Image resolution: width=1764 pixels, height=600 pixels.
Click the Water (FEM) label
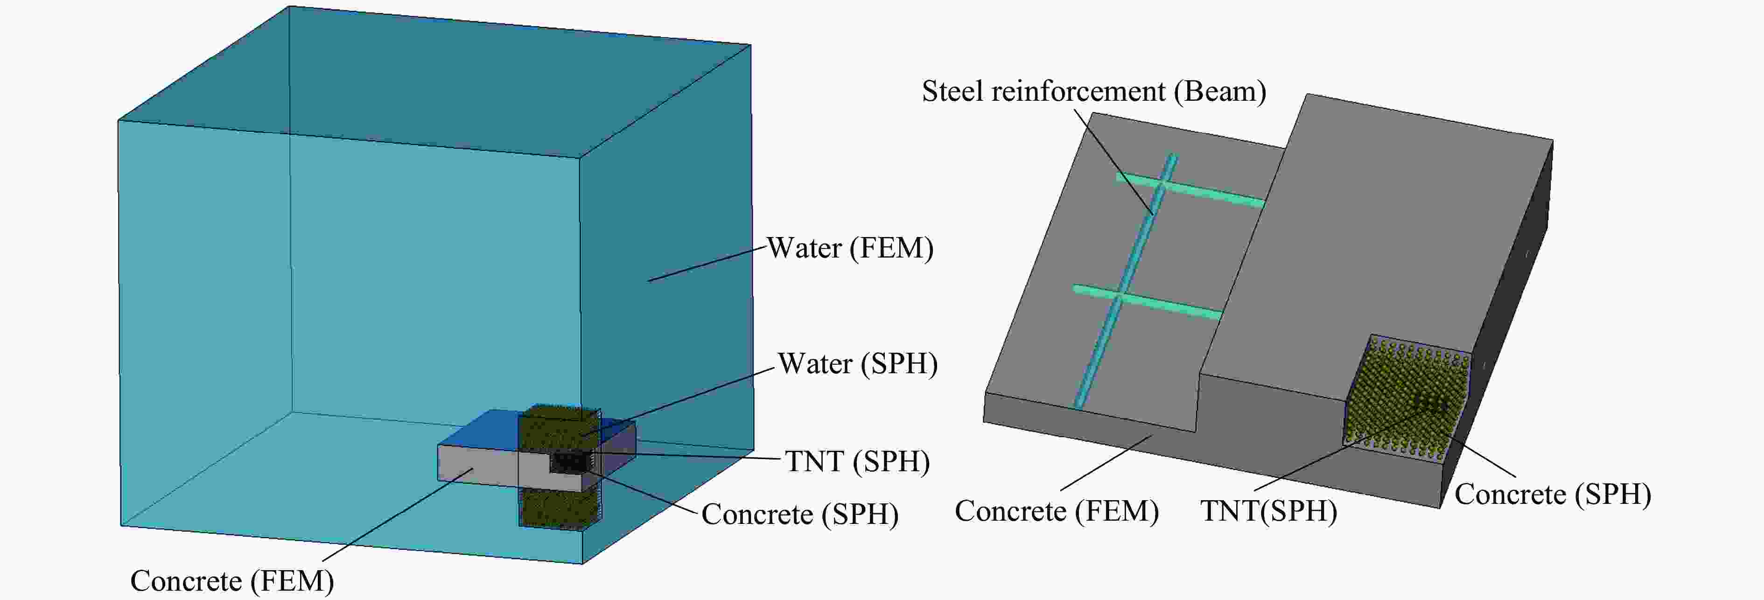pos(850,248)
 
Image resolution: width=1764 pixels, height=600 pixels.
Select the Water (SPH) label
pos(857,364)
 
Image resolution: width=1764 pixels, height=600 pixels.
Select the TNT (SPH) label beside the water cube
pos(857,461)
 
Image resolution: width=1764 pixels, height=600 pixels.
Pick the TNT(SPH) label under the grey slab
pos(1268,511)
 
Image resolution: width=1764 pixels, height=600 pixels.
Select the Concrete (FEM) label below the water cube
pos(232,581)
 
